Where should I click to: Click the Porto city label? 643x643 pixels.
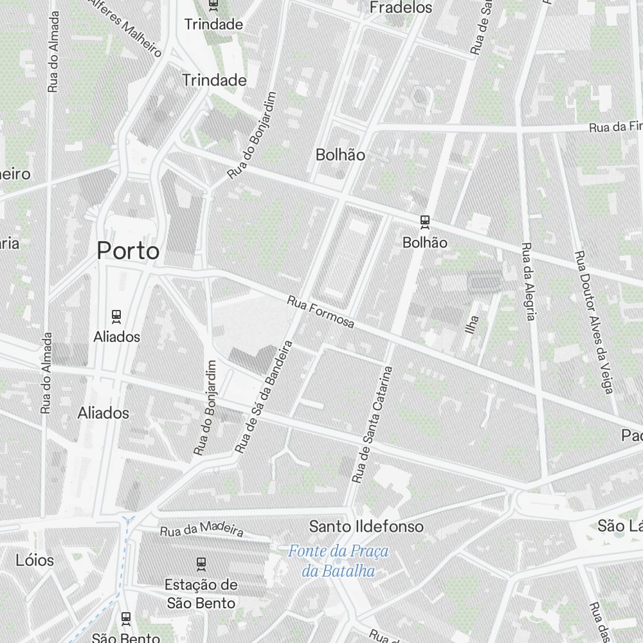[x=128, y=251]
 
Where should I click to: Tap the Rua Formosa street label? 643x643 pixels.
[x=320, y=312]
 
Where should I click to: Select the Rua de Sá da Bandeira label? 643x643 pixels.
[x=264, y=397]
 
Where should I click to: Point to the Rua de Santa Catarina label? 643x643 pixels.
[x=372, y=425]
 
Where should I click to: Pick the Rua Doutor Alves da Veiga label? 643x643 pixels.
[x=594, y=321]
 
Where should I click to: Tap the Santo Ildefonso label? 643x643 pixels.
[x=366, y=527]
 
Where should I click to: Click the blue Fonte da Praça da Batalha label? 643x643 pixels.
[x=338, y=560]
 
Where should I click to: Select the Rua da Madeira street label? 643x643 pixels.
[x=202, y=529]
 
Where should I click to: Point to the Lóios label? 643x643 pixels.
[x=35, y=560]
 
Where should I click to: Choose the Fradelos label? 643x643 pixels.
[x=401, y=8]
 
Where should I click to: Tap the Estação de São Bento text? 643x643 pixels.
[x=201, y=593]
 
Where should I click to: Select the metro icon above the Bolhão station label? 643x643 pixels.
[x=424, y=222]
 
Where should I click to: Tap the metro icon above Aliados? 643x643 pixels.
[x=116, y=316]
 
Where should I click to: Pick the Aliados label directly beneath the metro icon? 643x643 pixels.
[x=116, y=336]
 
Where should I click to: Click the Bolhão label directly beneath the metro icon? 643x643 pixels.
[x=424, y=242]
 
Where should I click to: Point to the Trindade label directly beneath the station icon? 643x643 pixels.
[x=213, y=24]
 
